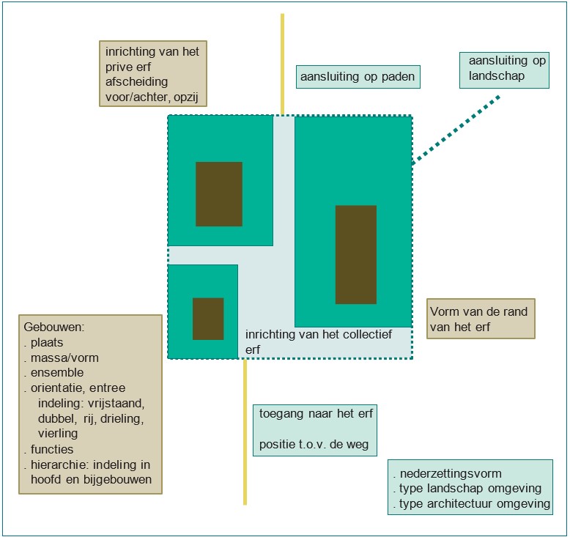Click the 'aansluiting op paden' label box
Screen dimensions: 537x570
(358, 76)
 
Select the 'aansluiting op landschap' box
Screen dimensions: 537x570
(503, 69)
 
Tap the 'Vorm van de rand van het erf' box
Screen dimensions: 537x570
(481, 319)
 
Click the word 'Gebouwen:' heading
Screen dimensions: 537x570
(54, 327)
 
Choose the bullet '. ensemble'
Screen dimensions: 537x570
(56, 373)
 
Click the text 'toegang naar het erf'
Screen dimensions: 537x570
(316, 414)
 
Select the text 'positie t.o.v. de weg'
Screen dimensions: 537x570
(317, 444)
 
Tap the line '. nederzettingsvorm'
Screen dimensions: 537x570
(446, 473)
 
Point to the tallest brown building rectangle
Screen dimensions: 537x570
(356, 254)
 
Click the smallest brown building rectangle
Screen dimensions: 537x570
(208, 319)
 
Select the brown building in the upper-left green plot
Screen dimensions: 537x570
(219, 193)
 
